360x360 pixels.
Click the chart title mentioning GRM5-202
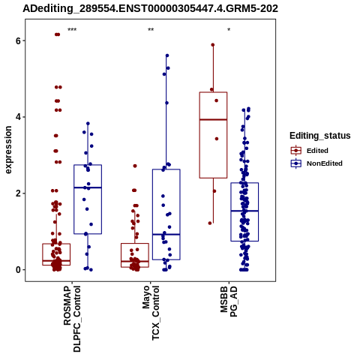tap(150, 9)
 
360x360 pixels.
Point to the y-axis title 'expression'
tap(8, 150)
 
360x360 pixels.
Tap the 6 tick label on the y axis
tap(18, 40)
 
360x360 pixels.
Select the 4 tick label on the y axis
tap(18, 117)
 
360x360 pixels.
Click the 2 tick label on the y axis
tap(18, 193)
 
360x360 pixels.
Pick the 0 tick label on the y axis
tap(18, 270)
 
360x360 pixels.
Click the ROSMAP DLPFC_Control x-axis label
tap(72, 319)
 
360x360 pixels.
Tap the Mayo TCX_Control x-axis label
tap(151, 313)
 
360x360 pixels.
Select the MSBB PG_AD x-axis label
tap(229, 301)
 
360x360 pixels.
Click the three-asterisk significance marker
tap(72, 30)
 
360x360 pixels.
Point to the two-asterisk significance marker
tap(151, 30)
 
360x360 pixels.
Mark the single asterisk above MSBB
tap(229, 30)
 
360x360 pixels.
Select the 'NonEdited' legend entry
tap(316, 163)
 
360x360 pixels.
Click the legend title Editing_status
tap(320, 136)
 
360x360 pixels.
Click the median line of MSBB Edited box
tap(213, 119)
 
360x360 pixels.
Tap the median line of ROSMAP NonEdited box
tap(88, 187)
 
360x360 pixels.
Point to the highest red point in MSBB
tap(213, 45)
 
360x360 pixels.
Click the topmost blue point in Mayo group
tap(167, 55)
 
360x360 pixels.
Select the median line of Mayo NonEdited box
tap(166, 234)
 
